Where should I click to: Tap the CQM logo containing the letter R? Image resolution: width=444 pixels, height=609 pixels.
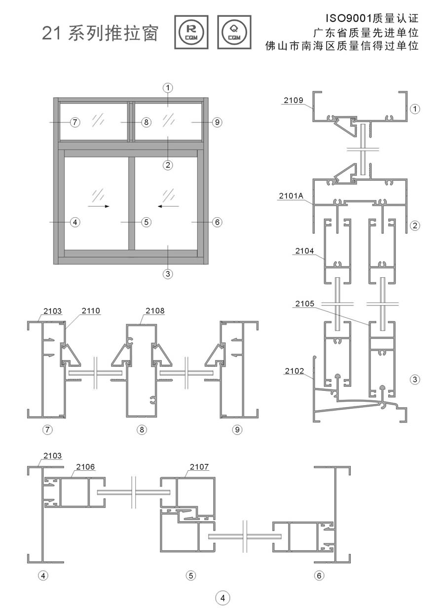(191, 32)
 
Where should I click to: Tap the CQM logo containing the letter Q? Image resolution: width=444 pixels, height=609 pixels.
(234, 32)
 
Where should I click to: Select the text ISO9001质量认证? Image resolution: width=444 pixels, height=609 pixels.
(368, 19)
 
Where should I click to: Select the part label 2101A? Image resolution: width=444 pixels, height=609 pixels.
(291, 196)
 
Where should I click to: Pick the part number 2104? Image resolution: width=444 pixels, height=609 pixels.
(304, 251)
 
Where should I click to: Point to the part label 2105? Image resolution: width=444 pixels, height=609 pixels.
(304, 304)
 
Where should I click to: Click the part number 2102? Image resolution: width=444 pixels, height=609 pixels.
(295, 371)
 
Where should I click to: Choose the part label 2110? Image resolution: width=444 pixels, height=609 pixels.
(91, 311)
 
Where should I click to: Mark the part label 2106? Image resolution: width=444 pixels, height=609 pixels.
(85, 466)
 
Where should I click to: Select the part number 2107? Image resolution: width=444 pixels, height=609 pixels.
(199, 466)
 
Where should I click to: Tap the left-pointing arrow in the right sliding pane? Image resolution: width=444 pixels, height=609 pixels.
(168, 206)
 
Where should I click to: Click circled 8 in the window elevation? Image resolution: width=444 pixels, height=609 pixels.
(146, 122)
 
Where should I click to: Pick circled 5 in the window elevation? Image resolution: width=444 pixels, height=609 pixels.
(146, 222)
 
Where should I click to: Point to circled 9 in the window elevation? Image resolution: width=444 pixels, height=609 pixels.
(217, 122)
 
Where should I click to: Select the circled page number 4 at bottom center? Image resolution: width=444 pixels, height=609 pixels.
(222, 598)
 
